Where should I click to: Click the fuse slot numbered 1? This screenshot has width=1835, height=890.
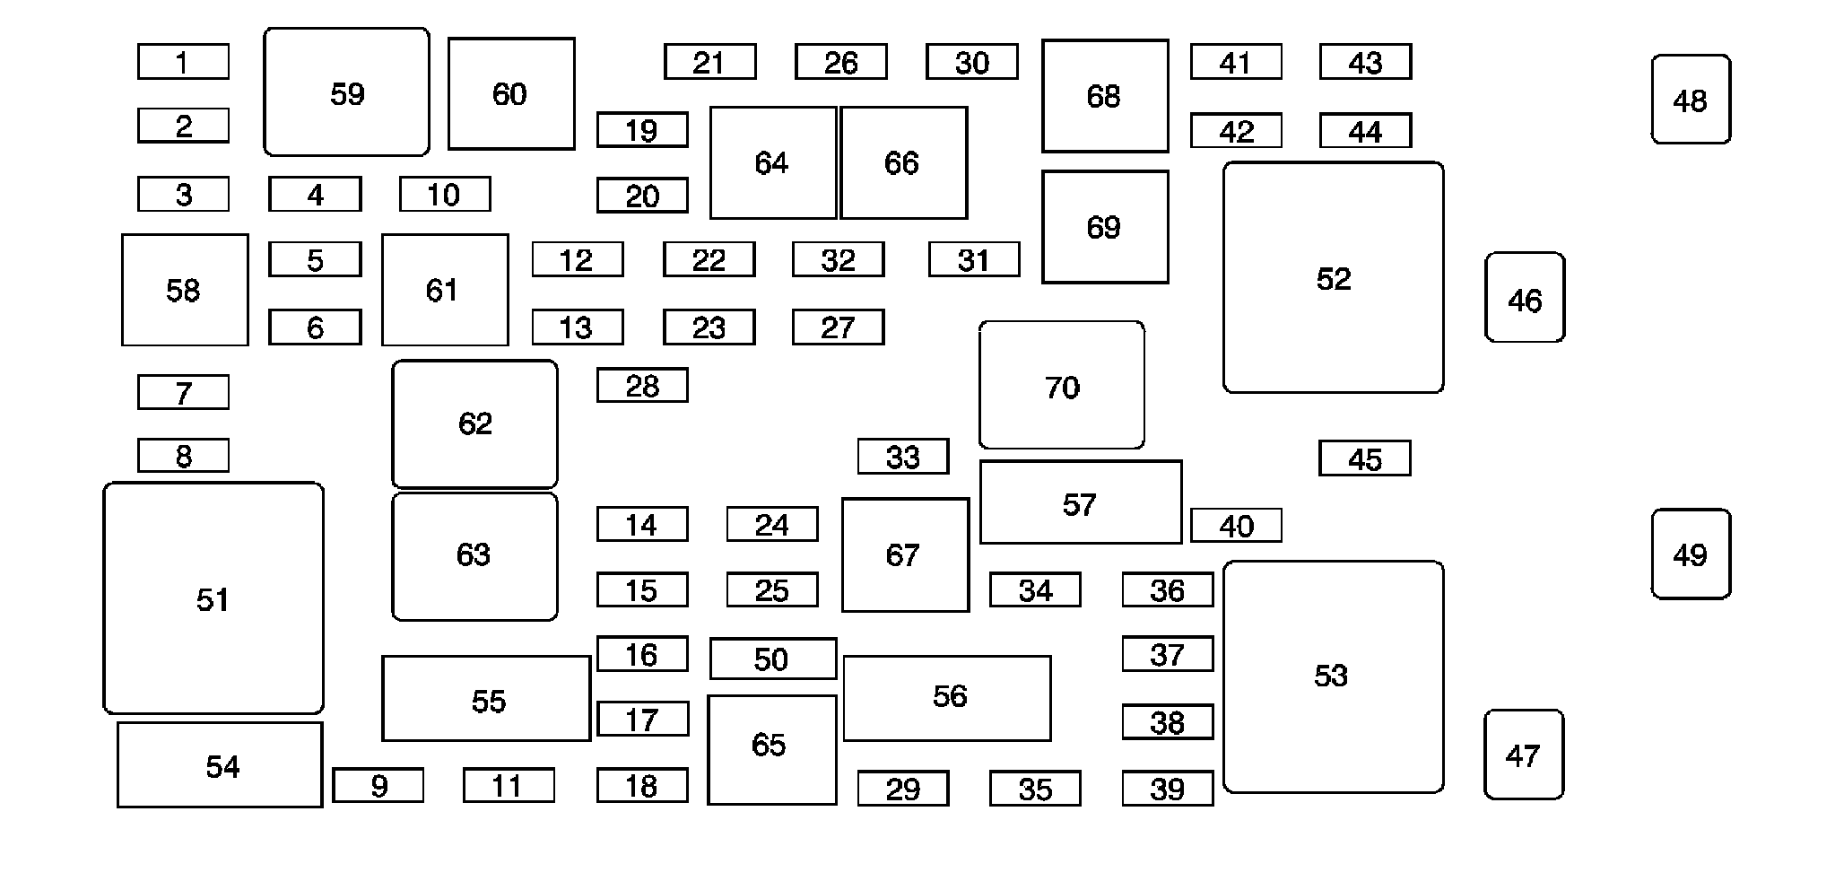[183, 62]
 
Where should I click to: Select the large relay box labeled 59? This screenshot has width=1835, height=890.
[346, 92]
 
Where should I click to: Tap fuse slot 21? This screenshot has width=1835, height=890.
[709, 62]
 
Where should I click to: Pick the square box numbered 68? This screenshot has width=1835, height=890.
[1104, 96]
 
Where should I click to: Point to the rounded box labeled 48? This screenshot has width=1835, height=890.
[1691, 100]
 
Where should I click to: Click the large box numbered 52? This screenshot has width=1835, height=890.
[1333, 277]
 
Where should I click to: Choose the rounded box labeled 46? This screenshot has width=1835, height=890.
[1525, 298]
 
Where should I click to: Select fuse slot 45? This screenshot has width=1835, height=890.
[1364, 458]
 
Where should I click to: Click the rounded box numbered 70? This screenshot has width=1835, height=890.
[1062, 385]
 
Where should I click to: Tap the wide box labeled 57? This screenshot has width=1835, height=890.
[1080, 502]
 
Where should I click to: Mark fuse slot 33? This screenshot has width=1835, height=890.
[903, 457]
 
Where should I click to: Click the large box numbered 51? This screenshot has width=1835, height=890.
[213, 598]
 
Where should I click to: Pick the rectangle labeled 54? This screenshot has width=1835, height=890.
[220, 765]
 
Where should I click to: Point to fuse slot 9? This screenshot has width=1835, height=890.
[378, 785]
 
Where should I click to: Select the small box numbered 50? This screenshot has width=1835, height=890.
[772, 659]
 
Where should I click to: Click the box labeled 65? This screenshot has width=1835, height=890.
[771, 750]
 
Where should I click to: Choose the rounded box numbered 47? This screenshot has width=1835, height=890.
[1524, 755]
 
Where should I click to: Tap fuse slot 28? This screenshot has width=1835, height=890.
[642, 386]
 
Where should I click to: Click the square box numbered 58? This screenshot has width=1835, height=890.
[185, 290]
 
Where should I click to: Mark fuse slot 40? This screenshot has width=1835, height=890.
[1236, 526]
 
